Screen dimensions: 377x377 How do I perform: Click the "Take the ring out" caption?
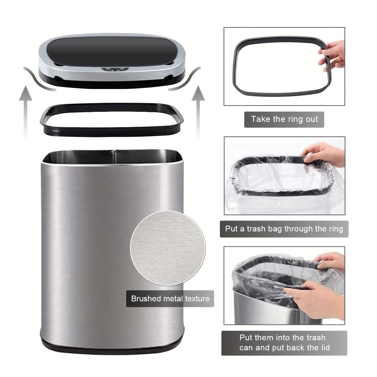tap(284, 119)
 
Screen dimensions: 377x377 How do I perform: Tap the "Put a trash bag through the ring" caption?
tap(284, 229)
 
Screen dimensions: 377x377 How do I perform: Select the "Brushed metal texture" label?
tap(170, 299)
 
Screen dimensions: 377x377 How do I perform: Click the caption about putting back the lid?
tap(284, 343)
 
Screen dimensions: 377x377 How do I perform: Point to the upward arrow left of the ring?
tap(26, 110)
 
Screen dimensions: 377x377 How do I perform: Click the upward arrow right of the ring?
tap(198, 110)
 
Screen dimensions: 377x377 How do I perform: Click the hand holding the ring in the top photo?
tap(333, 55)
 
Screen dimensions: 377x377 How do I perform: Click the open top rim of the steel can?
tap(112, 157)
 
